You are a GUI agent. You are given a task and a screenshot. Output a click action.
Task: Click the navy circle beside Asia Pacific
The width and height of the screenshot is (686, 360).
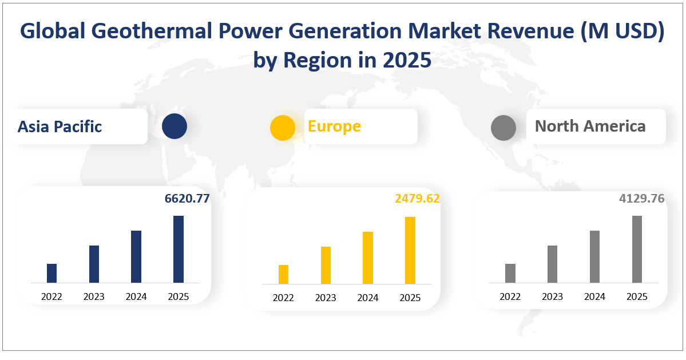175,126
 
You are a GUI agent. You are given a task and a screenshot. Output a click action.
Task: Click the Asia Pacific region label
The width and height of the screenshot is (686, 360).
60,126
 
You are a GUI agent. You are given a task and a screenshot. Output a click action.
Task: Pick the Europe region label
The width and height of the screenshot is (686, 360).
334,126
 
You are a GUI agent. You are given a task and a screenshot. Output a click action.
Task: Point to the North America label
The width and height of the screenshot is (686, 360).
590,126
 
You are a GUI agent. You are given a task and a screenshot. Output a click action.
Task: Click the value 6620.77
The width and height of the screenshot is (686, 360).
187,199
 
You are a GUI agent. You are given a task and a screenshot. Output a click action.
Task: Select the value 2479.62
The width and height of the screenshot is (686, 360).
417,199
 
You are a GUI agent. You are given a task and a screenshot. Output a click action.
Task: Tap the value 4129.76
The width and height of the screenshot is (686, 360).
641,199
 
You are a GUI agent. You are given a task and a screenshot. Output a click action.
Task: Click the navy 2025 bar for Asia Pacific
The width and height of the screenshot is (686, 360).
179,249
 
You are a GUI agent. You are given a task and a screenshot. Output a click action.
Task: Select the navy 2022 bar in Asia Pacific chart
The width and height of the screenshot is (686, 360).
51,273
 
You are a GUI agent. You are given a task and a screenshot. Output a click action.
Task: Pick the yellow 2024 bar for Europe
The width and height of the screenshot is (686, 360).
368,258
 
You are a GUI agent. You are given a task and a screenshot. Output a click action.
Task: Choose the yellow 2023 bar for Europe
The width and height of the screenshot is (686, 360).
326,265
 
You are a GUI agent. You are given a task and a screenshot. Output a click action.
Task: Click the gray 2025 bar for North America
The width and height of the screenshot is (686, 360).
637,249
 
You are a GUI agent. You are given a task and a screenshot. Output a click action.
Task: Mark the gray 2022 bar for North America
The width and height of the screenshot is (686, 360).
510,273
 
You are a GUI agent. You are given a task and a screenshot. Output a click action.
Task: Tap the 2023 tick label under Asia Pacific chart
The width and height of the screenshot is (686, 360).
94,296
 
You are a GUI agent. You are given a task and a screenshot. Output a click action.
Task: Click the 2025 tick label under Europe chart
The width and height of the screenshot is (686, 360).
410,298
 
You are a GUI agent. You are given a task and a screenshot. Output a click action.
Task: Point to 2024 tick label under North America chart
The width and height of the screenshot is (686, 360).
594,296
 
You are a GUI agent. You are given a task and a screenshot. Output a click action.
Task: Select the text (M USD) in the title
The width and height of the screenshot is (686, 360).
620,33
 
